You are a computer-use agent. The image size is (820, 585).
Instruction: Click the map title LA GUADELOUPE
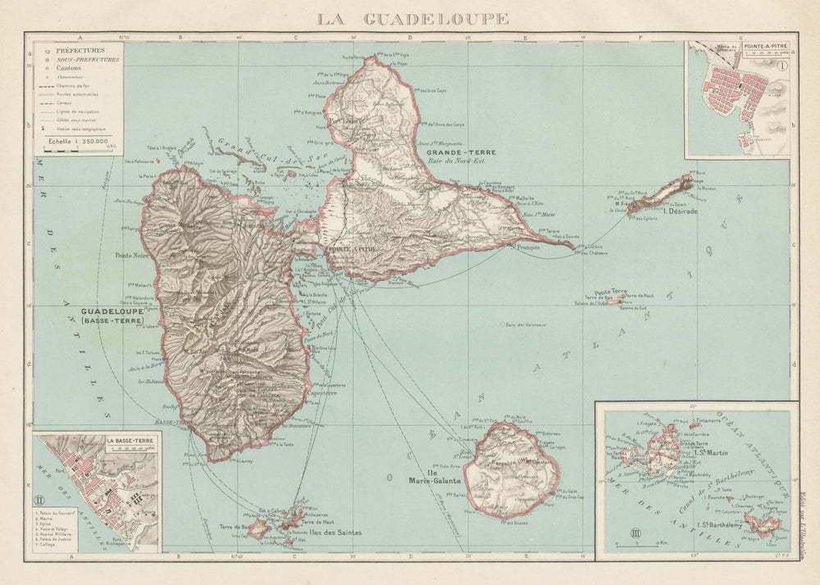412,18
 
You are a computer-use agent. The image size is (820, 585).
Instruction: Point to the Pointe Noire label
134,255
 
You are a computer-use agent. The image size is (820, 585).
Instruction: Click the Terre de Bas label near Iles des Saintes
236,525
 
